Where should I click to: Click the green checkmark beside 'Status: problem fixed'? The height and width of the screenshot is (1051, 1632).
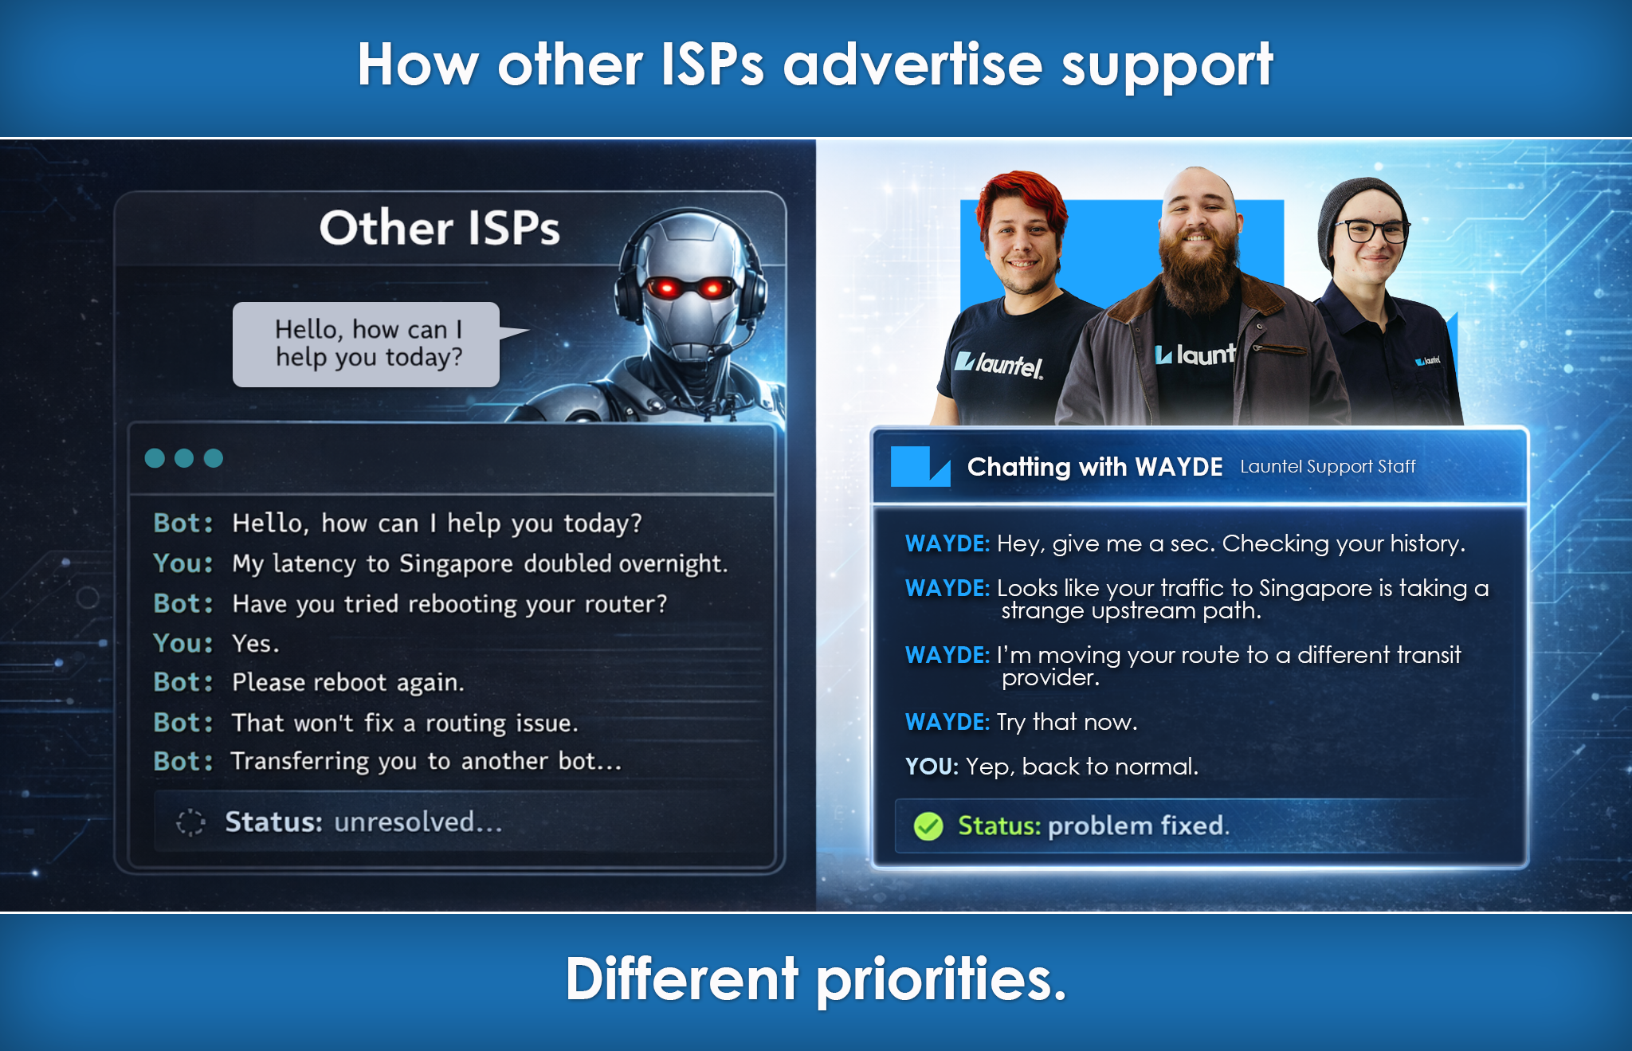[x=928, y=826]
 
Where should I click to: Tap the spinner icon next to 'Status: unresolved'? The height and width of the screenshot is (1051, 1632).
[x=190, y=822]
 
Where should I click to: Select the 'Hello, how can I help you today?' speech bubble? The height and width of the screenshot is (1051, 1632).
[x=367, y=344]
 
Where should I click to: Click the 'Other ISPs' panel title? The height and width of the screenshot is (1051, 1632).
[x=440, y=228]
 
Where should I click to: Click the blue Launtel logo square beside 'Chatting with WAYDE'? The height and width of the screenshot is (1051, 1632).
[x=920, y=466]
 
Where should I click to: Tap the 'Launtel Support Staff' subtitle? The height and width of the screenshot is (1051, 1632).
[x=1328, y=466]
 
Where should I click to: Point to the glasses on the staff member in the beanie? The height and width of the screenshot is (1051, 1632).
[x=1373, y=231]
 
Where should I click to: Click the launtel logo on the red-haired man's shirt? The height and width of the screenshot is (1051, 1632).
[x=999, y=364]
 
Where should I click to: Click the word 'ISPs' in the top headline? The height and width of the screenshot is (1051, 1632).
[x=712, y=65]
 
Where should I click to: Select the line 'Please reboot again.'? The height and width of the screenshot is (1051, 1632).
[x=348, y=683]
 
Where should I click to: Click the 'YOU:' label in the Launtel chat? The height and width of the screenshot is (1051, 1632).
[x=932, y=767]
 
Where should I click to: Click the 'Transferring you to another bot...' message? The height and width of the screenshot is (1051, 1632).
[x=426, y=761]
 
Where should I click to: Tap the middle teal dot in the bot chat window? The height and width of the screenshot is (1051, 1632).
[x=184, y=458]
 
